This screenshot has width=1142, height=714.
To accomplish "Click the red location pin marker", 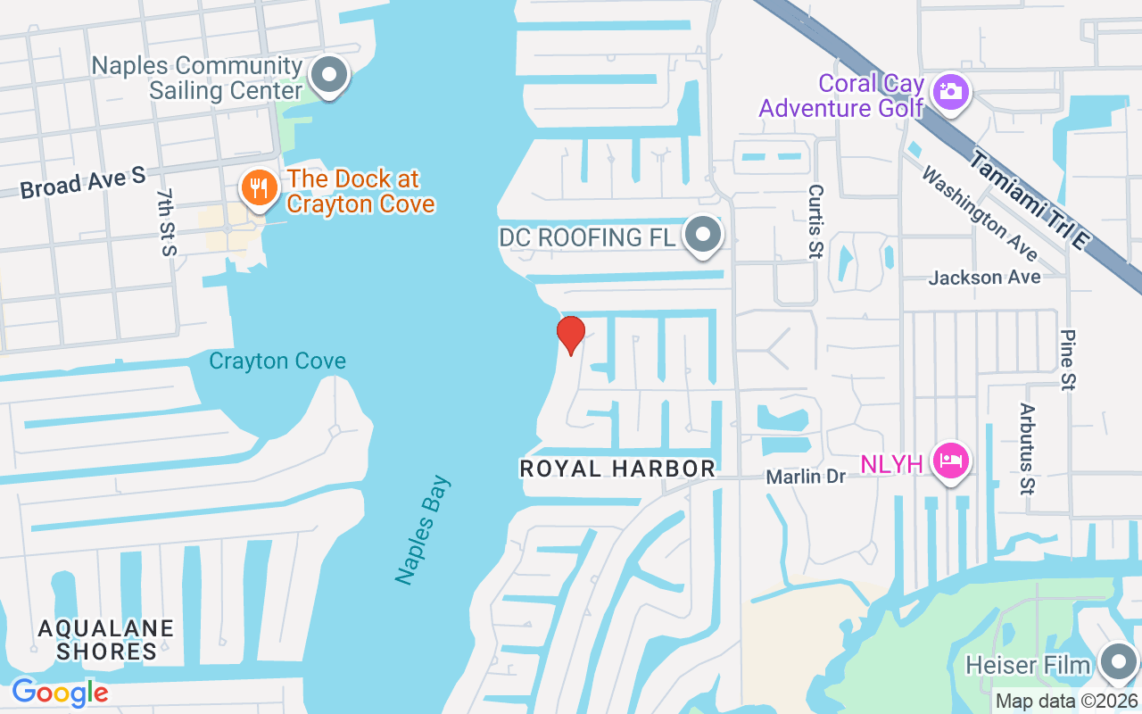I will (570, 334).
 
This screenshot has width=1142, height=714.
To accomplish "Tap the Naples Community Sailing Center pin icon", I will (331, 76).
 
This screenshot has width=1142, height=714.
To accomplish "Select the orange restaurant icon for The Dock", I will (259, 188).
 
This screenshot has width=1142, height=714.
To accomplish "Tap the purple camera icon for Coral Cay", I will (949, 91).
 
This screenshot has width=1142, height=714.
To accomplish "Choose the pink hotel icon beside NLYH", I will (951, 461).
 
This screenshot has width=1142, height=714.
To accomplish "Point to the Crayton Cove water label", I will (277, 361).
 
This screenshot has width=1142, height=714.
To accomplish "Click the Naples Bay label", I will (424, 530).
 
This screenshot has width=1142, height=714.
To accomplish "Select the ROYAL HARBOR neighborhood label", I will (617, 469).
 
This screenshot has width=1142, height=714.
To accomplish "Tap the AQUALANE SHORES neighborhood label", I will (106, 640).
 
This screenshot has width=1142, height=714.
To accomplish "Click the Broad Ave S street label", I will (82, 182).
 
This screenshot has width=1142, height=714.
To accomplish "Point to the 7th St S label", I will (166, 222).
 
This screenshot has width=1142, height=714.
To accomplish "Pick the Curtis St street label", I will (815, 222).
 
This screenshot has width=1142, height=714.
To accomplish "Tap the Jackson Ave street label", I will (984, 278).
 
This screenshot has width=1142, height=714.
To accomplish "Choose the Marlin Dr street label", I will (806, 477).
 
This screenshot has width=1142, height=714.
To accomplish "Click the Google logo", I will (60, 692).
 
